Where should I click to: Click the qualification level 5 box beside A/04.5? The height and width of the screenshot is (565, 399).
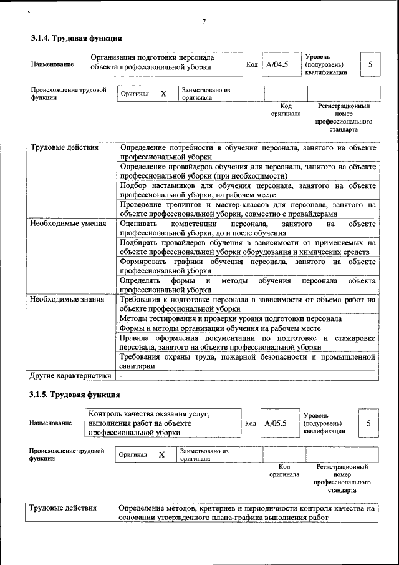click(370, 64)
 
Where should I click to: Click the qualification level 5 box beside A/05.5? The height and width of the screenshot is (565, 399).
click(368, 423)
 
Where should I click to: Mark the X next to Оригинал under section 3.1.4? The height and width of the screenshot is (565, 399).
click(163, 94)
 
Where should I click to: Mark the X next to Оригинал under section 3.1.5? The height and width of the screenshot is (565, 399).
click(161, 454)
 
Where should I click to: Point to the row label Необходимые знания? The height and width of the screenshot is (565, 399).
click(67, 300)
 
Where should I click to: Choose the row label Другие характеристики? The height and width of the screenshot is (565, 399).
click(70, 375)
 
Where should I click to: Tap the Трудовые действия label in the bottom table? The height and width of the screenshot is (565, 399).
click(64, 509)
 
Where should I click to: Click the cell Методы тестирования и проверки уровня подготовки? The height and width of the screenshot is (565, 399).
click(231, 318)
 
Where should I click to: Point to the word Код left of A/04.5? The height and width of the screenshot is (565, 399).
click(252, 64)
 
